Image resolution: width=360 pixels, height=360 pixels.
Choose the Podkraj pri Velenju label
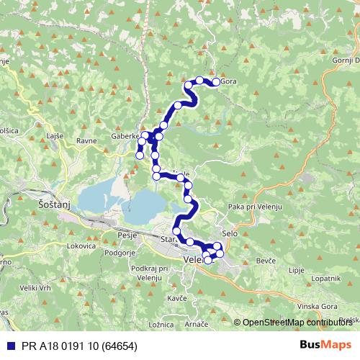150,273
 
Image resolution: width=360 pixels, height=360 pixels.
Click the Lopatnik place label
324,277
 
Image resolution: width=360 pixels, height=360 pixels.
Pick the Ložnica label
161,326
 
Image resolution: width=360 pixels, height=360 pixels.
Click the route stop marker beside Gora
215,82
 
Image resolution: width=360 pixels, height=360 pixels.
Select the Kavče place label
177,297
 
